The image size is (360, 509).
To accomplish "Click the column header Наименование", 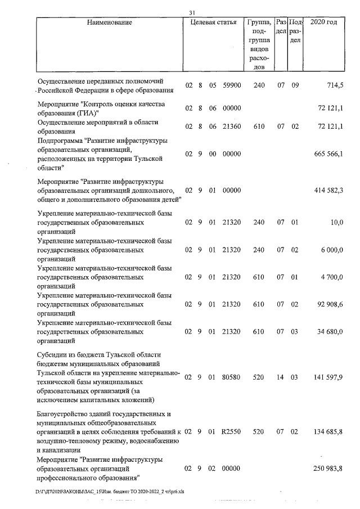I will pyautogui.click(x=110, y=23).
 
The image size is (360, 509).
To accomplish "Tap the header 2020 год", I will pyautogui.click(x=324, y=23).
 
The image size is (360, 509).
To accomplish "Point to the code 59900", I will pyautogui.click(x=232, y=85).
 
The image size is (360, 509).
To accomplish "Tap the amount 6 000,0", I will pyautogui.click(x=333, y=250).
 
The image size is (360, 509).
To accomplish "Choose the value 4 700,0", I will pyautogui.click(x=333, y=277).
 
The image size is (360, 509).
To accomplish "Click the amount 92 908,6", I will pyautogui.click(x=331, y=304).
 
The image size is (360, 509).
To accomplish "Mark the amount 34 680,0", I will pyautogui.click(x=331, y=332).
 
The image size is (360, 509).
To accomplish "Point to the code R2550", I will pyautogui.click(x=232, y=431).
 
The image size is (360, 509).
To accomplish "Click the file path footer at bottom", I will pyautogui.click(x=112, y=491).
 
